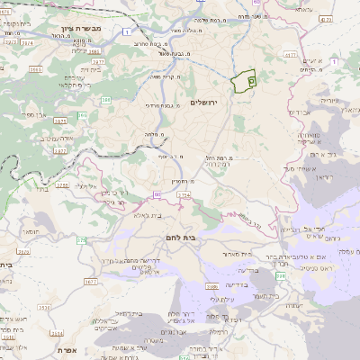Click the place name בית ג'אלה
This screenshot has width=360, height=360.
tap(154, 216)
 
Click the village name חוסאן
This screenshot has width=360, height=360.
tap(31, 232)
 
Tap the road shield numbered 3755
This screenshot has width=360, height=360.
tap(62, 185)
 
